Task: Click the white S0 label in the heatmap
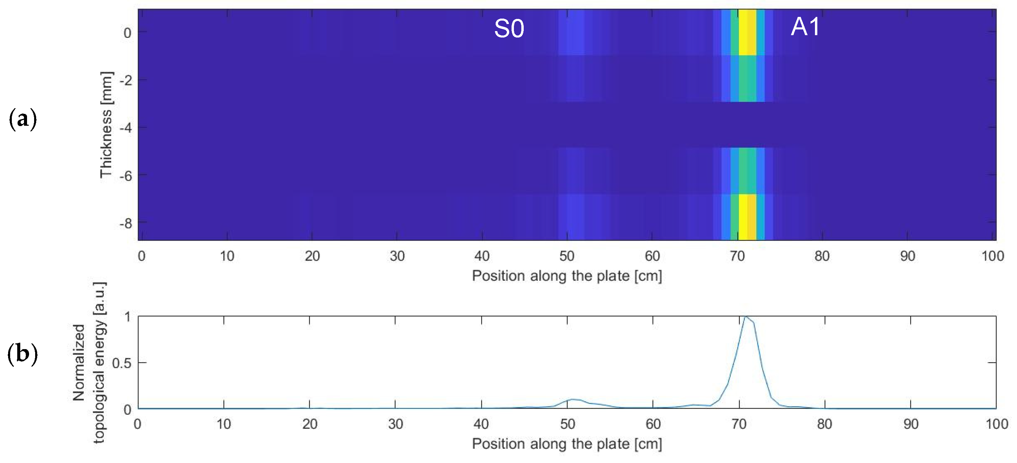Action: tap(509, 28)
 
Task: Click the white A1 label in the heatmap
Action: tap(805, 27)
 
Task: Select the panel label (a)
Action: tap(23, 119)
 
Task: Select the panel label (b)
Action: tap(23, 354)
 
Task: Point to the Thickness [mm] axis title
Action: tap(106, 125)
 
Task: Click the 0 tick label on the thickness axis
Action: tap(127, 33)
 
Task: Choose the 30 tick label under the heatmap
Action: tap(397, 256)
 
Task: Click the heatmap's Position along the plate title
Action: tap(567, 276)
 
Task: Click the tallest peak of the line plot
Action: tap(745, 317)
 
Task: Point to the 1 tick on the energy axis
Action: tap(127, 316)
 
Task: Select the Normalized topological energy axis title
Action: tap(89, 362)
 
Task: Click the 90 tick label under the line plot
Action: tap(911, 424)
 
